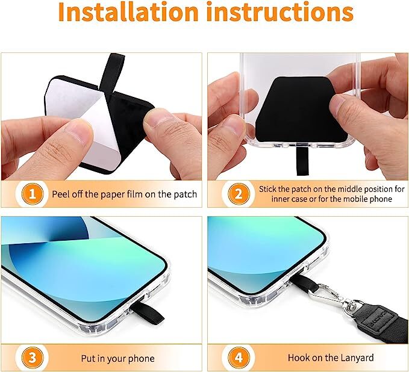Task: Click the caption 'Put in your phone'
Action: point(117,358)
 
